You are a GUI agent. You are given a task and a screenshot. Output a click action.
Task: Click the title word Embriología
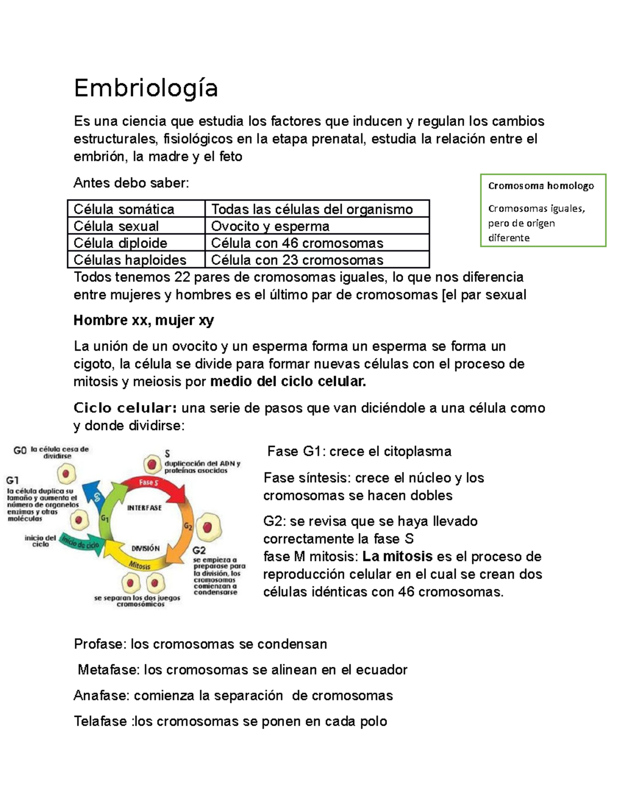tap(145, 88)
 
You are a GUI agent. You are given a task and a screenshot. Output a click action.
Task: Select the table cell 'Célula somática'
tap(124, 209)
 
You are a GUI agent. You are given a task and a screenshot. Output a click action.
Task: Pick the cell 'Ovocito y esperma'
tap(270, 226)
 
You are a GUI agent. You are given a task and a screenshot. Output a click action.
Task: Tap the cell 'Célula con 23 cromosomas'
tap(297, 259)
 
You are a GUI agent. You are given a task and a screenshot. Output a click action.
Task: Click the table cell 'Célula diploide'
tap(120, 243)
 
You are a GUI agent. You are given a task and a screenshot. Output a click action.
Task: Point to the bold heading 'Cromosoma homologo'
tap(541, 185)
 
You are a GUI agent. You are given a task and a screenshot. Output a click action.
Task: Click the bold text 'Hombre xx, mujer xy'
tap(144, 320)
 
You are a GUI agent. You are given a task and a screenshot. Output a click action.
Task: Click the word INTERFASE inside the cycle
tap(144, 507)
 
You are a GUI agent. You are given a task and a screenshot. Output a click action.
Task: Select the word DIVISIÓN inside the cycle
tap(145, 548)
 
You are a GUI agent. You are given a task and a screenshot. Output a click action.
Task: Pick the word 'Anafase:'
tap(102, 695)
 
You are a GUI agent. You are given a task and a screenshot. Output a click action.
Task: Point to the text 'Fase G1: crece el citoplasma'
tap(359, 451)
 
